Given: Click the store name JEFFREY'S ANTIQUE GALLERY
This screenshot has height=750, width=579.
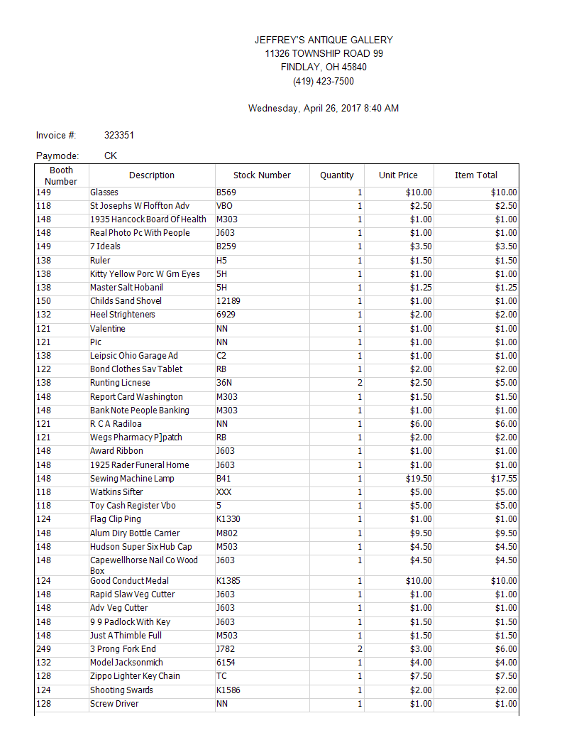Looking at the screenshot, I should [x=324, y=40].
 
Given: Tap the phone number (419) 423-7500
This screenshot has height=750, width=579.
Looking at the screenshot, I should [x=324, y=81].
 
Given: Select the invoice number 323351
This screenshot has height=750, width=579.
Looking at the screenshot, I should [x=119, y=135].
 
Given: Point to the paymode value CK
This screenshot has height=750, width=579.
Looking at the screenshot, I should [x=111, y=156].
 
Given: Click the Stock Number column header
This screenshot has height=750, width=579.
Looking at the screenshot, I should [x=262, y=175].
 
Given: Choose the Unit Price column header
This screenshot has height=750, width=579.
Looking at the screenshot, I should [x=398, y=175].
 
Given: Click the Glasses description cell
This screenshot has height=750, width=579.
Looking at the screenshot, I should [x=104, y=192].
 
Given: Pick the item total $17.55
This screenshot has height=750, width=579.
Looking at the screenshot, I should [x=504, y=479].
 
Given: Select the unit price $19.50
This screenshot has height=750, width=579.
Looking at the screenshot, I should [x=419, y=479].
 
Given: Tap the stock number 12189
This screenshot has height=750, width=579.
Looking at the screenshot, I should [x=228, y=301].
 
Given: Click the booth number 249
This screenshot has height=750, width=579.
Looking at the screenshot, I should [x=43, y=649].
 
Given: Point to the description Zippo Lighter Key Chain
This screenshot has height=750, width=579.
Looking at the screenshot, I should [x=135, y=676].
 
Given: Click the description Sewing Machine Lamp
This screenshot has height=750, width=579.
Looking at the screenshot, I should [x=132, y=479].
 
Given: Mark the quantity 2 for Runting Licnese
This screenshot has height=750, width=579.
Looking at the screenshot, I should [x=360, y=383].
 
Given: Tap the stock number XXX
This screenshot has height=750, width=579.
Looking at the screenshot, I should [x=224, y=492].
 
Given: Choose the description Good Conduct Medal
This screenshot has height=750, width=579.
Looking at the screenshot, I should [x=129, y=581].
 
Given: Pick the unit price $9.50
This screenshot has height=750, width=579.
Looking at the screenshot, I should [x=421, y=533].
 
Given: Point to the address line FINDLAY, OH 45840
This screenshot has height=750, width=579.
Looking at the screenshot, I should [x=324, y=67].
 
